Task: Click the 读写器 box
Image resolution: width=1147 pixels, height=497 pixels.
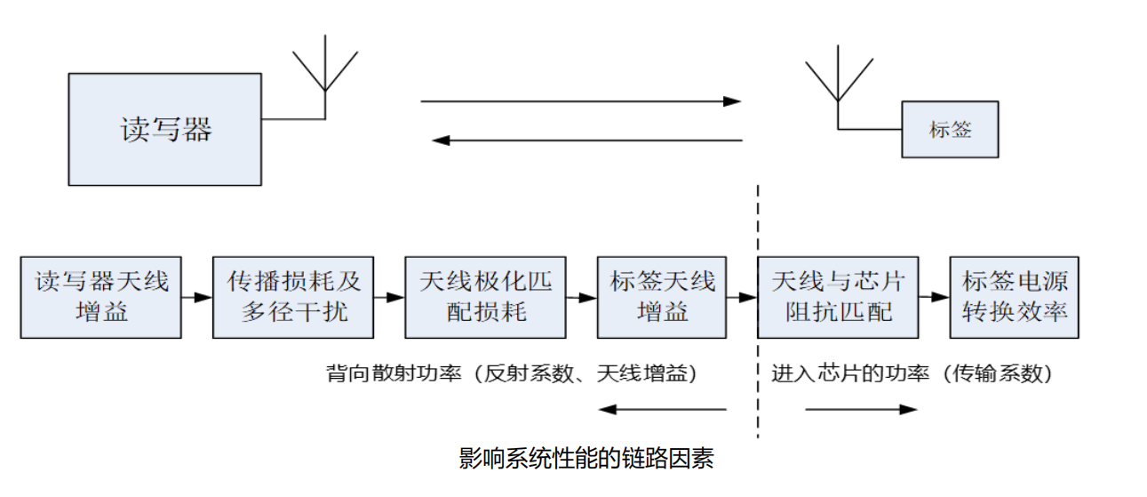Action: coord(165,129)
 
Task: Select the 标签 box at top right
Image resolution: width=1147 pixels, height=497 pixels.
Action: coord(950,130)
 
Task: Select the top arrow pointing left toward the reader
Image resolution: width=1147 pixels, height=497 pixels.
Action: coord(586,140)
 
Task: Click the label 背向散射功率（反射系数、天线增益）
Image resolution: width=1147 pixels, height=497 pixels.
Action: coord(512,374)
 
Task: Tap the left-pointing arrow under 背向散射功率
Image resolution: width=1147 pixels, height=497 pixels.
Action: coord(662,410)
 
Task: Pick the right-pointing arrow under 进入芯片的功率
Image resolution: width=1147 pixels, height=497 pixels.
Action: coord(860,410)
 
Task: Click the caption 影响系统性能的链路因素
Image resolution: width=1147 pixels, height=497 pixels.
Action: coord(585,459)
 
